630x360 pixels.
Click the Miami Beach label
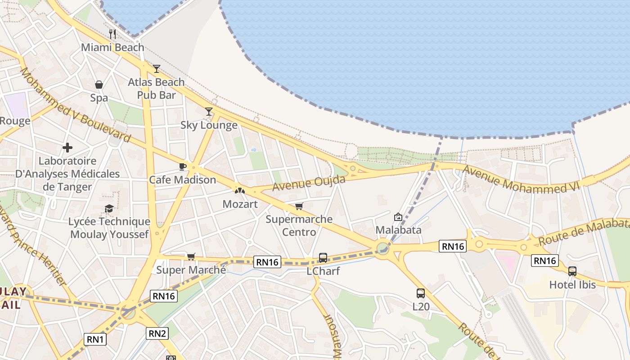[112, 47]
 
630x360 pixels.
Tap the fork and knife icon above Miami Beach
[112, 34]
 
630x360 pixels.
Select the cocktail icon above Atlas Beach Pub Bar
[156, 69]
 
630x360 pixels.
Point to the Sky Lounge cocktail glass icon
[209, 112]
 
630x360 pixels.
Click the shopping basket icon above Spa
[99, 85]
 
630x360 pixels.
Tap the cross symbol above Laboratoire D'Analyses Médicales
[67, 148]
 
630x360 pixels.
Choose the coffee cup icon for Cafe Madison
[182, 167]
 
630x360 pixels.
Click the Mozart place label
[240, 204]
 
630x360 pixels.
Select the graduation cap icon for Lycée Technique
[109, 208]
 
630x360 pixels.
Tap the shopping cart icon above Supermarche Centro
[299, 207]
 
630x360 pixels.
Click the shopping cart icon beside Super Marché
[191, 257]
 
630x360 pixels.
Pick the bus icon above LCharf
[323, 258]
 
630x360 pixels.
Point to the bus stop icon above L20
[421, 293]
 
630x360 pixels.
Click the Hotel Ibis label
[572, 285]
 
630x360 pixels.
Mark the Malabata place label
[399, 230]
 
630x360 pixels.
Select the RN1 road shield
[95, 339]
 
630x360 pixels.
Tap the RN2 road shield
[157, 333]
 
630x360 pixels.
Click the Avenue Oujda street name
[309, 183]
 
